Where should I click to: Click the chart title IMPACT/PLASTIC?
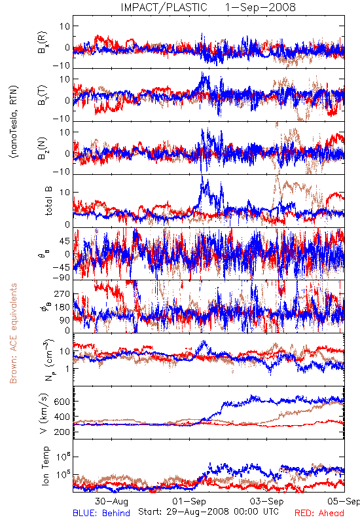(164, 7)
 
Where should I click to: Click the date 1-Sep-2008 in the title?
(261, 7)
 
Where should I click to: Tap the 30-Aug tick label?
(111, 501)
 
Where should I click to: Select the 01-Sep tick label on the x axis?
(189, 501)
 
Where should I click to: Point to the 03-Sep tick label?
(267, 501)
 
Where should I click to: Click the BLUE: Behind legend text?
(101, 514)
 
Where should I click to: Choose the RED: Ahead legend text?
(319, 514)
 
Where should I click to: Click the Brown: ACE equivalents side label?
(13, 333)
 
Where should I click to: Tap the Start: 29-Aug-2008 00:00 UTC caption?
(208, 512)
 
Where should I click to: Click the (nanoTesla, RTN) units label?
(14, 122)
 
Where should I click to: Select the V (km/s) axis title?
(44, 413)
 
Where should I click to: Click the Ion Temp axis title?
(45, 466)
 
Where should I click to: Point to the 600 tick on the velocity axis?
(62, 402)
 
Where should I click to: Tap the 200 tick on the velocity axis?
(62, 432)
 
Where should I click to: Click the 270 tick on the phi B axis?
(62, 294)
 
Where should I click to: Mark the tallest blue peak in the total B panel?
(202, 177)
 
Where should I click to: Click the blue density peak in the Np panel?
(204, 342)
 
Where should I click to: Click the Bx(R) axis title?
(43, 43)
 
